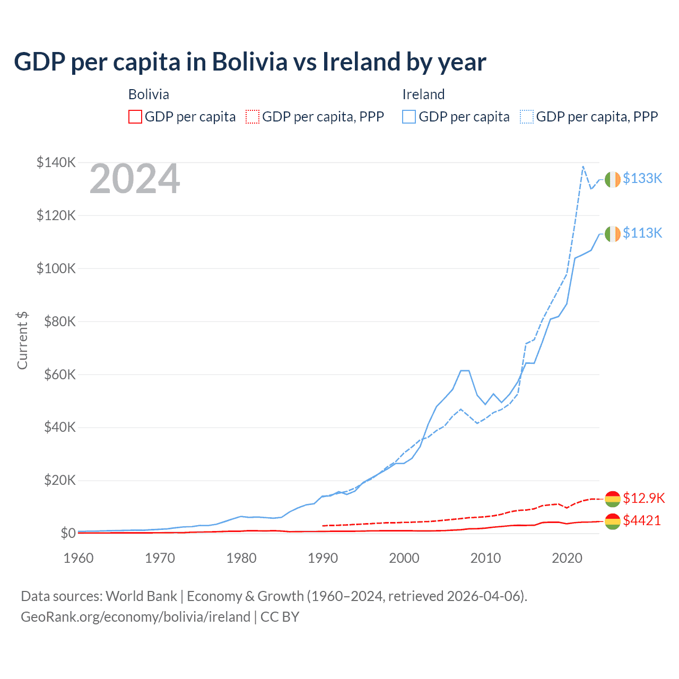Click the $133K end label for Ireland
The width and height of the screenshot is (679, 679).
coord(642,178)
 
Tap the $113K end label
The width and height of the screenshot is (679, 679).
coord(642,233)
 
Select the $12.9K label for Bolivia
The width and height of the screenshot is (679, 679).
coord(643,498)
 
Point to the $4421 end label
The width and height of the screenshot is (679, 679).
coord(642,520)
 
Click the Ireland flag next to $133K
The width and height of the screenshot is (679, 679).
coord(613,179)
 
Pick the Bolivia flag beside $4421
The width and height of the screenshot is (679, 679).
coord(613,521)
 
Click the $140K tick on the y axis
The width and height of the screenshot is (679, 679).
coord(56,162)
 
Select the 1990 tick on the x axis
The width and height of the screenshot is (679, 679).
coord(323,558)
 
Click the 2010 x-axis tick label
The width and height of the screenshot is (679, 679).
coord(486,558)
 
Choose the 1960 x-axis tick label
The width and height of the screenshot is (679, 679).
coord(79,558)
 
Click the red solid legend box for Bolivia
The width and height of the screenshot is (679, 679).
coord(135,117)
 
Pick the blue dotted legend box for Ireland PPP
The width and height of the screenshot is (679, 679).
coord(527,117)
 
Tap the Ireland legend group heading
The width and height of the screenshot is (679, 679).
coord(423,94)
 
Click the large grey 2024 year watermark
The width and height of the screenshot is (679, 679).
coord(135,179)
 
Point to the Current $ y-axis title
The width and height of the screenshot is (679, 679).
coord(22,341)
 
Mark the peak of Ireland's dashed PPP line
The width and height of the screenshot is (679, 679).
coord(583,167)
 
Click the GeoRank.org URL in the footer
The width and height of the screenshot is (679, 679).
coord(135,617)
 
